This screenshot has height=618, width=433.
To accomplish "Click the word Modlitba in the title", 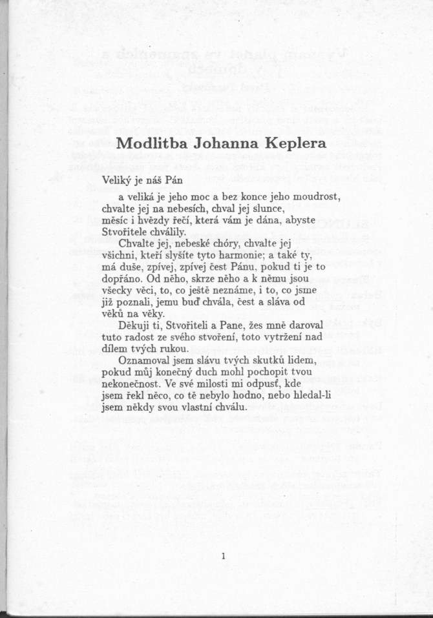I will [x=153, y=143].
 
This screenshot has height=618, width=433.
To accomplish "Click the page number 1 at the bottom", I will [x=222, y=557].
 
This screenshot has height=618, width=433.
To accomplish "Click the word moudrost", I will [x=317, y=196].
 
